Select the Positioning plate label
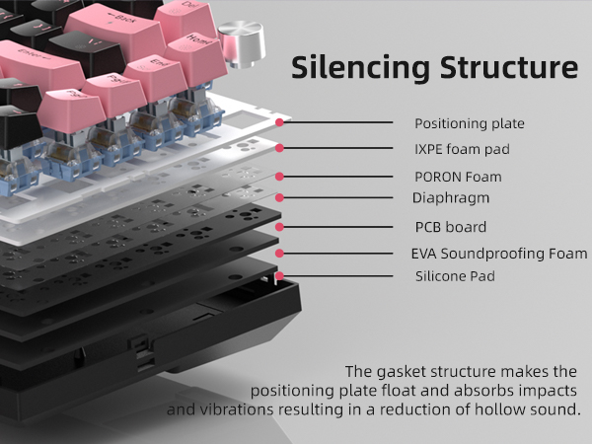pos(469,124)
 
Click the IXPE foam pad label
pos(462,149)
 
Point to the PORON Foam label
pos(458,178)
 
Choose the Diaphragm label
pos(452,198)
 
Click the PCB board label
pos(450,226)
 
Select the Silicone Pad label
pos(455,276)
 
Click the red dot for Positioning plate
pos(281,123)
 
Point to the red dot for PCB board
pos(280,227)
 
